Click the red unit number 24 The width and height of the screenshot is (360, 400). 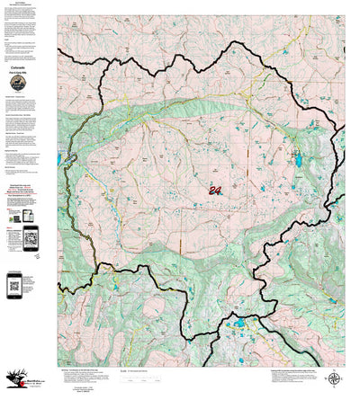214,190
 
